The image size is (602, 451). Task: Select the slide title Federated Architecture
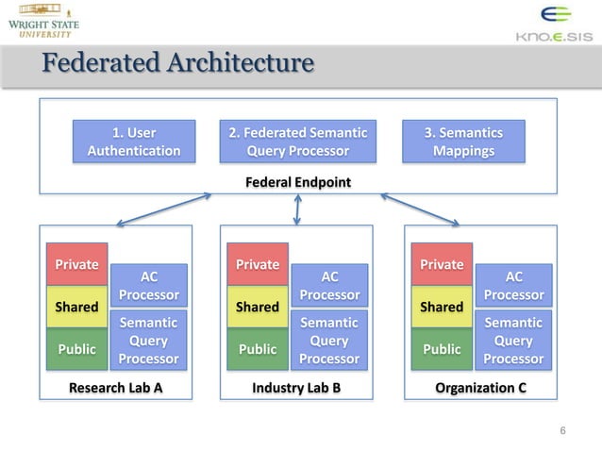point(178,63)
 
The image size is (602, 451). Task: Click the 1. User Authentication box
point(134,142)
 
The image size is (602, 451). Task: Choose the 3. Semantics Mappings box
point(463,142)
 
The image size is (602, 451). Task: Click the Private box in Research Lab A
point(76,264)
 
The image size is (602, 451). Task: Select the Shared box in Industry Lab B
point(258,307)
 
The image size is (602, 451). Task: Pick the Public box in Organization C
point(442,349)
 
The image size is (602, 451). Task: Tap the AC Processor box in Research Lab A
point(149,286)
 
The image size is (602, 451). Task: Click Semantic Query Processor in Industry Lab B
point(329,341)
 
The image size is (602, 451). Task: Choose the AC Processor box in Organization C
point(513,286)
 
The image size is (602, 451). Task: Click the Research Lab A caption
point(115,386)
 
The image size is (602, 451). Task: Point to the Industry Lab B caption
point(296,386)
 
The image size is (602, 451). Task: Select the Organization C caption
point(480,386)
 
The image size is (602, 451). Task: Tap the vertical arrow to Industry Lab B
point(297,209)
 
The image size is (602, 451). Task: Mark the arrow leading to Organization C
point(420,209)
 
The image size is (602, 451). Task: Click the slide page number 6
point(562,431)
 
